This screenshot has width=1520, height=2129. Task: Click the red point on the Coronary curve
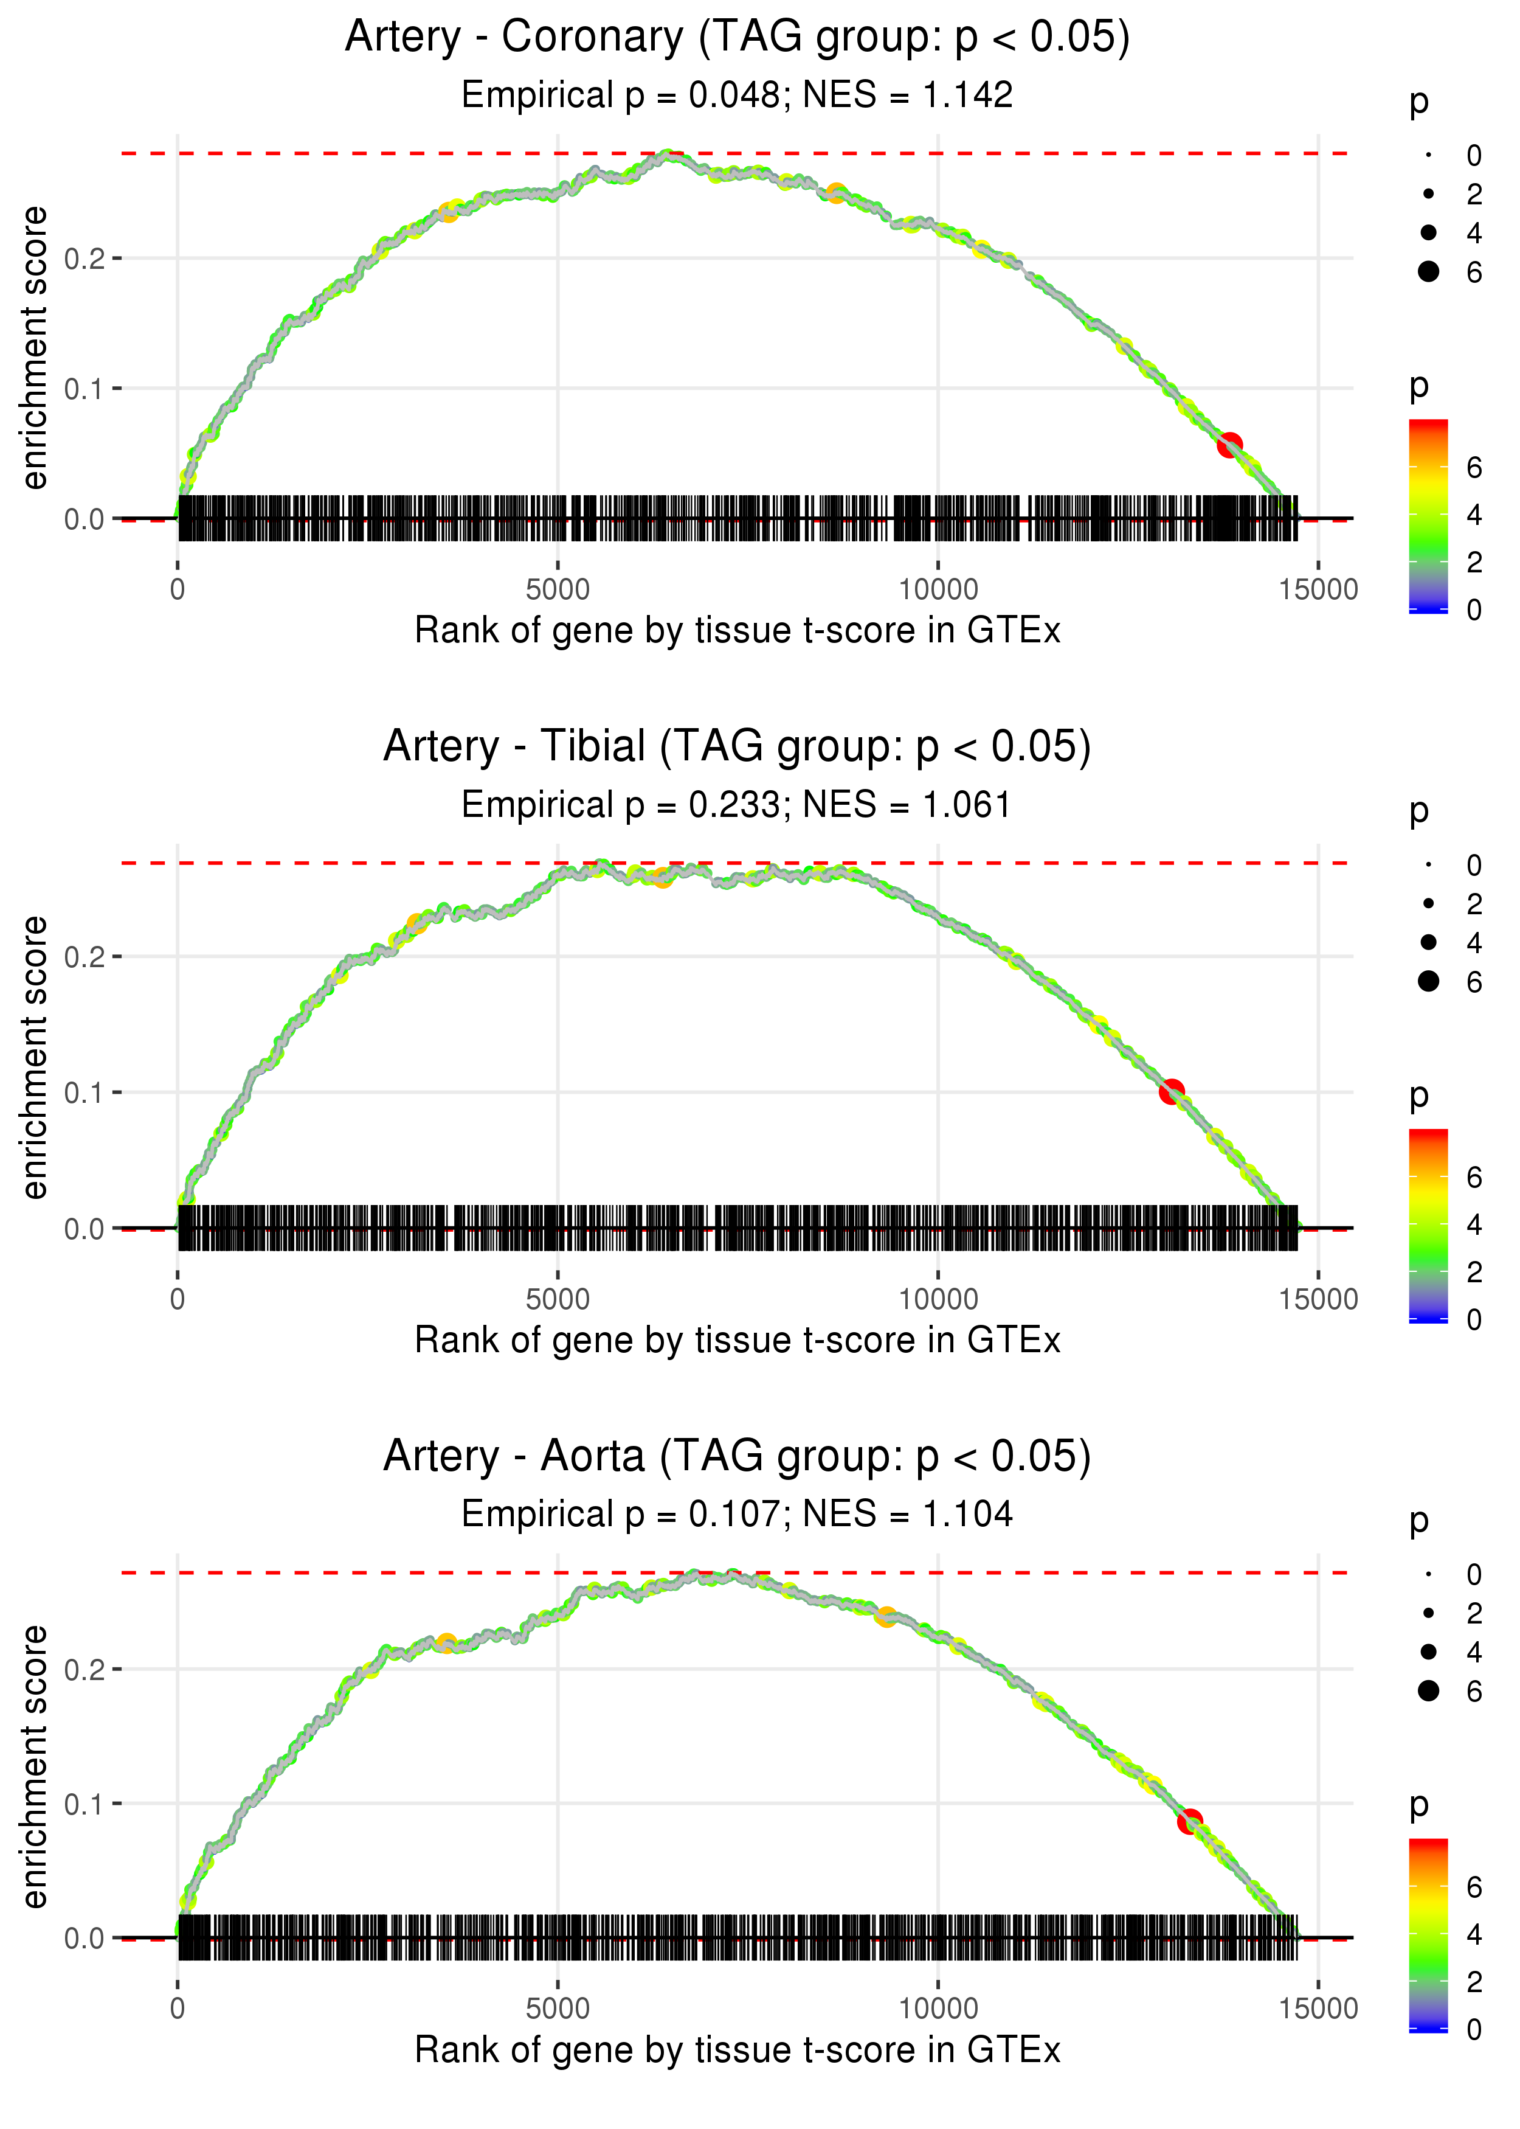coord(1229,444)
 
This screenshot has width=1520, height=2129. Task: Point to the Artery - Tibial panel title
coord(738,747)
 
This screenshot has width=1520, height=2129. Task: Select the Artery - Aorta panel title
coord(738,1457)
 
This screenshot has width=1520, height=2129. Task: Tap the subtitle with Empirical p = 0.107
coord(738,1515)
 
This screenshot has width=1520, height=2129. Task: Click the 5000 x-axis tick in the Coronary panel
coord(558,590)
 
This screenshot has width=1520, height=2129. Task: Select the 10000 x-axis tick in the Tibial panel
coord(938,1299)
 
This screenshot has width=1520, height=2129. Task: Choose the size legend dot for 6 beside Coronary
coord(1428,271)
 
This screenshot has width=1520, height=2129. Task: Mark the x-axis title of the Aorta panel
coord(738,2051)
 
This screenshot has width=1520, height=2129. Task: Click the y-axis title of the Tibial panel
coord(35,1057)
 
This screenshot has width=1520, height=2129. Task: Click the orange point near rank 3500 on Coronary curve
coord(448,212)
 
